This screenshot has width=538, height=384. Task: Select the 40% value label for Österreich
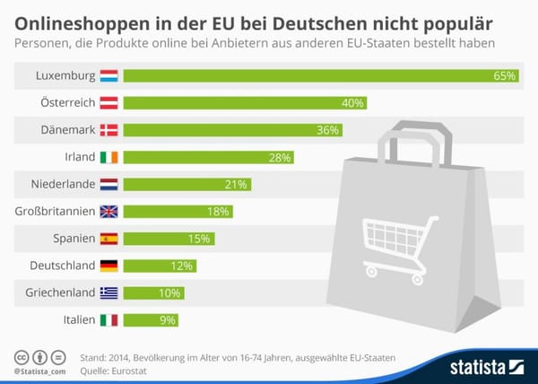coord(352,103)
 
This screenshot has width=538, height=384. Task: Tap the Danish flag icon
coord(108,130)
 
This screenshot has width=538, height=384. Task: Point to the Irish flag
coord(108,157)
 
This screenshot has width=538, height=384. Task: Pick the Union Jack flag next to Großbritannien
coord(108,212)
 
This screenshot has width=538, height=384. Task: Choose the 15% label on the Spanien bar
coord(199,239)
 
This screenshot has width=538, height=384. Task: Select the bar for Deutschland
coord(159,266)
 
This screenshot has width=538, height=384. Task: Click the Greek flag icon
coord(108,292)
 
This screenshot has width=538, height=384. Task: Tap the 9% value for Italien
coord(168,320)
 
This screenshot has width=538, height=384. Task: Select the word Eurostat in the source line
coord(121,370)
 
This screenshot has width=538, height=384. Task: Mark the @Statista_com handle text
coord(39,371)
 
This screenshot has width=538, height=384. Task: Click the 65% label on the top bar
coord(505,76)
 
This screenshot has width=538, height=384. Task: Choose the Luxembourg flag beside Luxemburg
coord(108,76)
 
